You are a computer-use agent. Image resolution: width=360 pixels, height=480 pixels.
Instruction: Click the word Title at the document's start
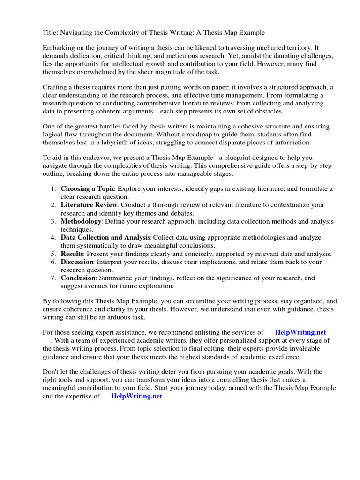pos(51,33)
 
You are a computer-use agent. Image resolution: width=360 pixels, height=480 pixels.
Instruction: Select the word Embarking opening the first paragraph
pos(60,48)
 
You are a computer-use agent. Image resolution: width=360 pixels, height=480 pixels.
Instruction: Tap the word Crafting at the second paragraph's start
pos(56,88)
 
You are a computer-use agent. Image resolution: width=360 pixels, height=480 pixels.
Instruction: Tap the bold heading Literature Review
pos(90,205)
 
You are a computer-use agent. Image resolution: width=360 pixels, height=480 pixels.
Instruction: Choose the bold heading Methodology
pos(81,221)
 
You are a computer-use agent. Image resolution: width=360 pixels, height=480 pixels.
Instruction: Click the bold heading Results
pos(72,254)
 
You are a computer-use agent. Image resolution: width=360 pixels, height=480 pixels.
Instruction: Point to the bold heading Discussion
pos(77,262)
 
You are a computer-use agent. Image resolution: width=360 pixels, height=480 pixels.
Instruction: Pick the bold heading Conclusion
pos(78,278)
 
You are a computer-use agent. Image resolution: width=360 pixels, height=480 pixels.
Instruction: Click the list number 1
pos(53,189)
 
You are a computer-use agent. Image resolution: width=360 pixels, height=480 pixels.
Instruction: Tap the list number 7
pos(53,278)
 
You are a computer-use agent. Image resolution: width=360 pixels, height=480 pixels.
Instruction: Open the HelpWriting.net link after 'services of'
pos(300,332)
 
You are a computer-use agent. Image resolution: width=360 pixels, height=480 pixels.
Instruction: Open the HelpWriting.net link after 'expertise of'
pos(136,396)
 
